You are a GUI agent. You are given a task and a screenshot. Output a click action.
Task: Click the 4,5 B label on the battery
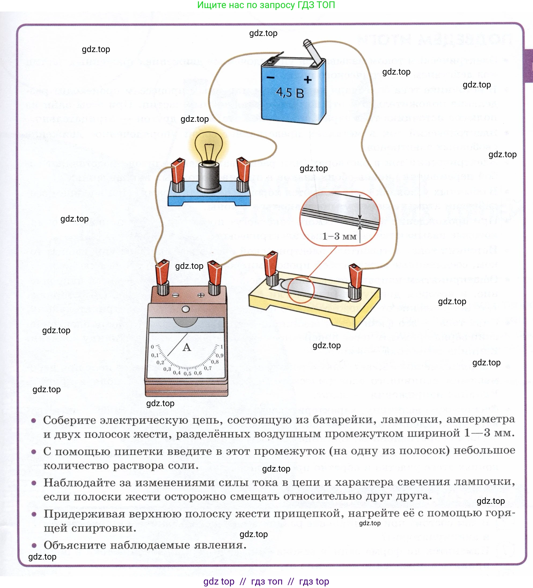pyautogui.click(x=290, y=93)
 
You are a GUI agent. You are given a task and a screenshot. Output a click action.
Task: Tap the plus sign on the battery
pyautogui.click(x=307, y=79)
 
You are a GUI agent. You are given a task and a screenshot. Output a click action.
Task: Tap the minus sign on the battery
pyautogui.click(x=270, y=77)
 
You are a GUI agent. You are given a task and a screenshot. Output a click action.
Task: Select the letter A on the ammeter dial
pyautogui.click(x=187, y=347)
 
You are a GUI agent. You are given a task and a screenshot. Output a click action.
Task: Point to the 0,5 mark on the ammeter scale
pyautogui.click(x=187, y=374)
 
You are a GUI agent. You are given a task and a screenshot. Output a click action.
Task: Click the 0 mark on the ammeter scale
pyautogui.click(x=152, y=347)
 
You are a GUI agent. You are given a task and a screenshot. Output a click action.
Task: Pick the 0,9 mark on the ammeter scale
pyautogui.click(x=219, y=355)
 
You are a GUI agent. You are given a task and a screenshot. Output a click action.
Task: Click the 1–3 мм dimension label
pyautogui.click(x=339, y=236)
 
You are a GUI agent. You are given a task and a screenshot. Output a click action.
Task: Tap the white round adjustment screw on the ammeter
pyautogui.click(x=186, y=309)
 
